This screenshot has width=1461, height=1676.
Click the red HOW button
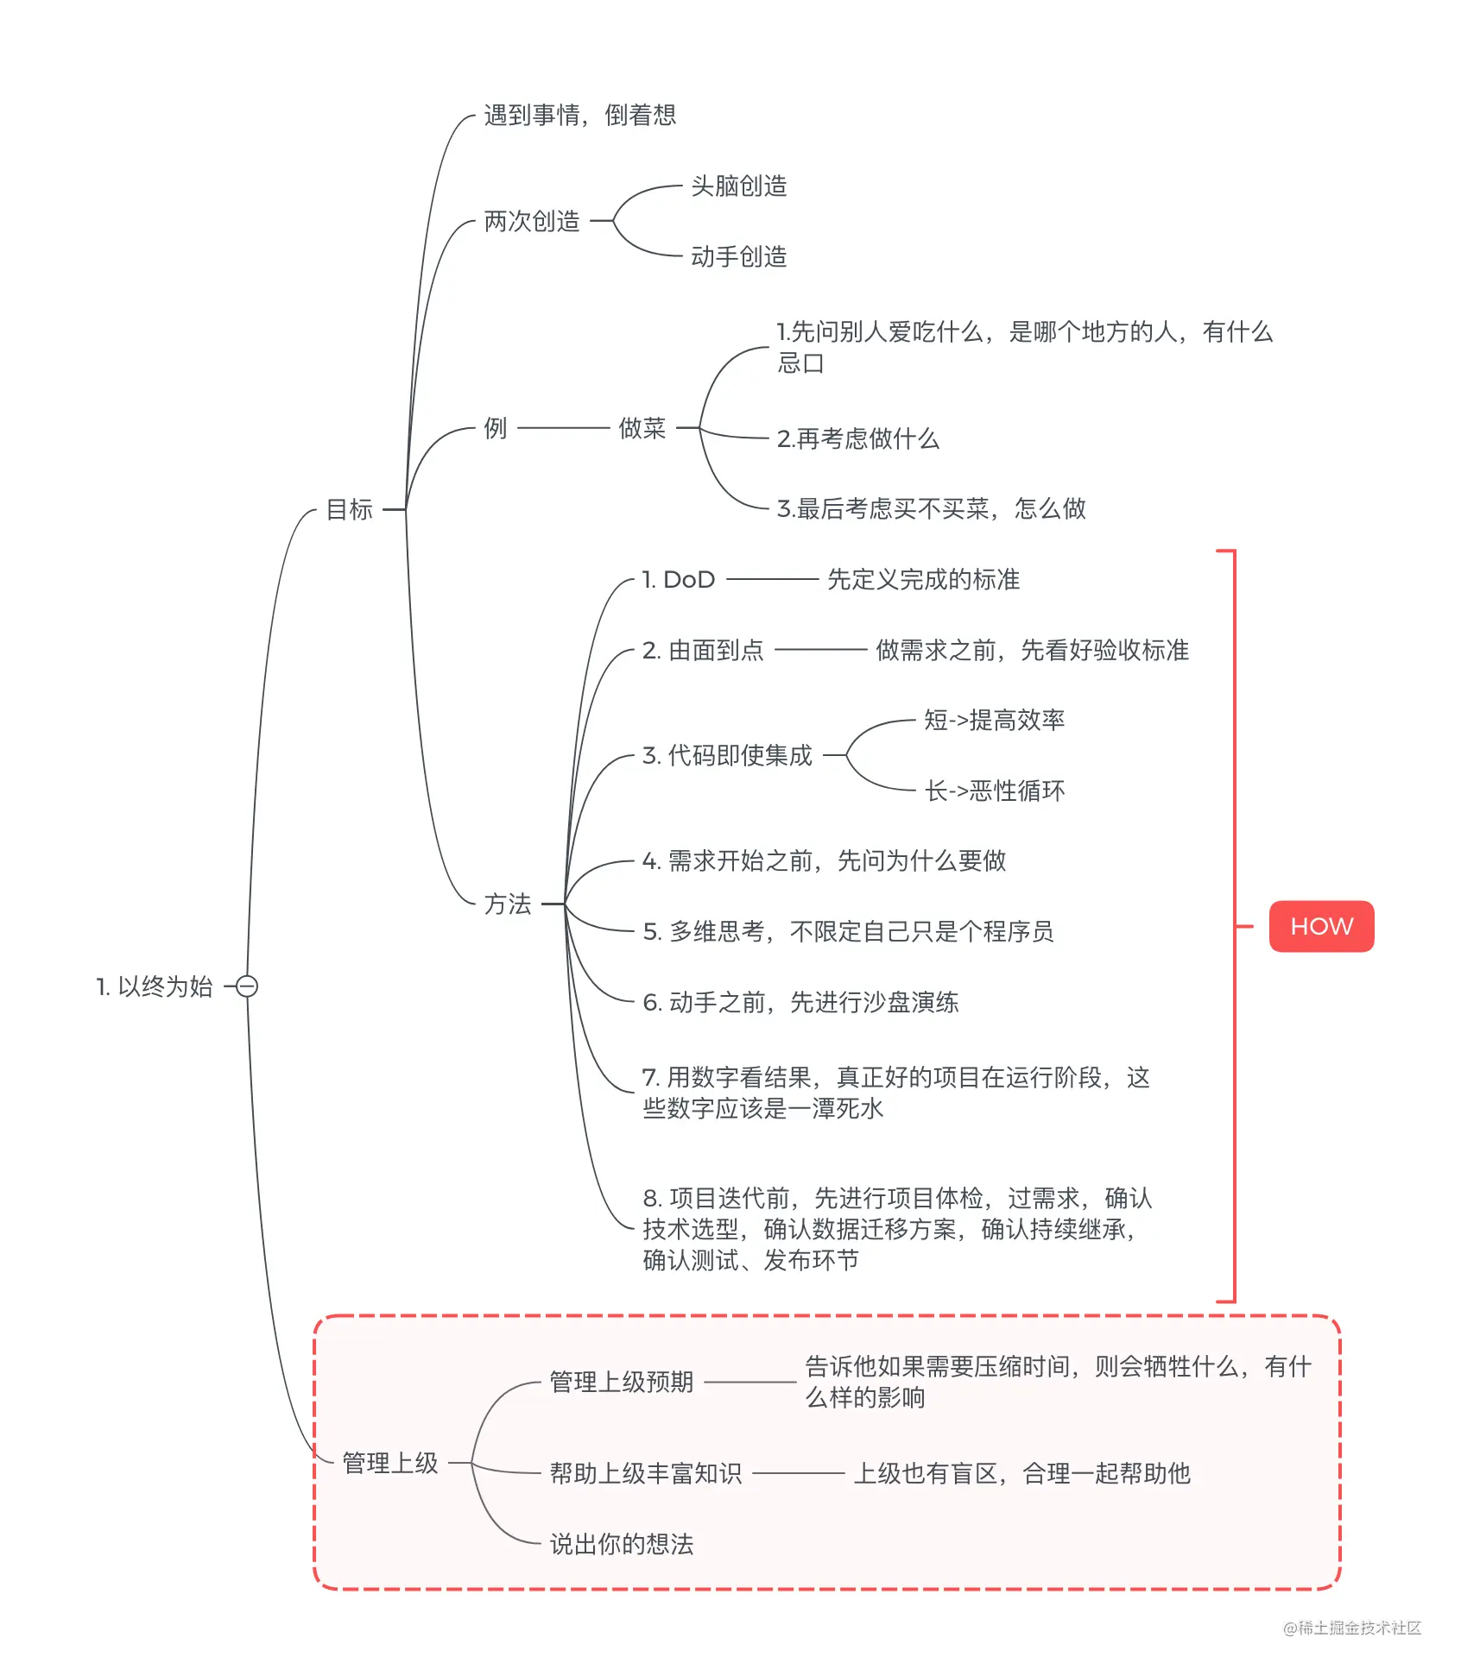click(x=1321, y=926)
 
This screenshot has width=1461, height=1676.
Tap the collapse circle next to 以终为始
click(x=247, y=986)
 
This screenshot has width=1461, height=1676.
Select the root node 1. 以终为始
click(x=155, y=986)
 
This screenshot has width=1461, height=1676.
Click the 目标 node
click(x=350, y=509)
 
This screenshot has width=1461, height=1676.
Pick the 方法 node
click(x=508, y=904)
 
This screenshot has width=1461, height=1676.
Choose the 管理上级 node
click(x=390, y=1463)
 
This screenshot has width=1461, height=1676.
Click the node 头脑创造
click(x=739, y=186)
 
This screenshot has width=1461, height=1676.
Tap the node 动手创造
click(x=739, y=256)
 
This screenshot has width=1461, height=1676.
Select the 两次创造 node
click(x=532, y=221)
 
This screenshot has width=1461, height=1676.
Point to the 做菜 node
click(x=642, y=427)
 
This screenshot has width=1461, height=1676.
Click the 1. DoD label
click(x=679, y=579)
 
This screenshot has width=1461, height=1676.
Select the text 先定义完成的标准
click(x=924, y=579)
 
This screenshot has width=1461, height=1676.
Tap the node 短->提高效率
click(x=995, y=720)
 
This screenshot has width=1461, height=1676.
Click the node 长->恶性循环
click(x=995, y=791)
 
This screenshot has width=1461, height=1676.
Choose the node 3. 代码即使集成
click(x=728, y=755)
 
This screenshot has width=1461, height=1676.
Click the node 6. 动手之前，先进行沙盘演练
click(x=801, y=1002)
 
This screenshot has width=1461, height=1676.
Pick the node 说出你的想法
click(x=622, y=1544)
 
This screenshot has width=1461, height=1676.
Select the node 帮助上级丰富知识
click(x=646, y=1473)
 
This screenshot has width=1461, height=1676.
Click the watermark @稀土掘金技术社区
click(x=1352, y=1628)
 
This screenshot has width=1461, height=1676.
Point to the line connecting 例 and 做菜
click(x=564, y=427)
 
